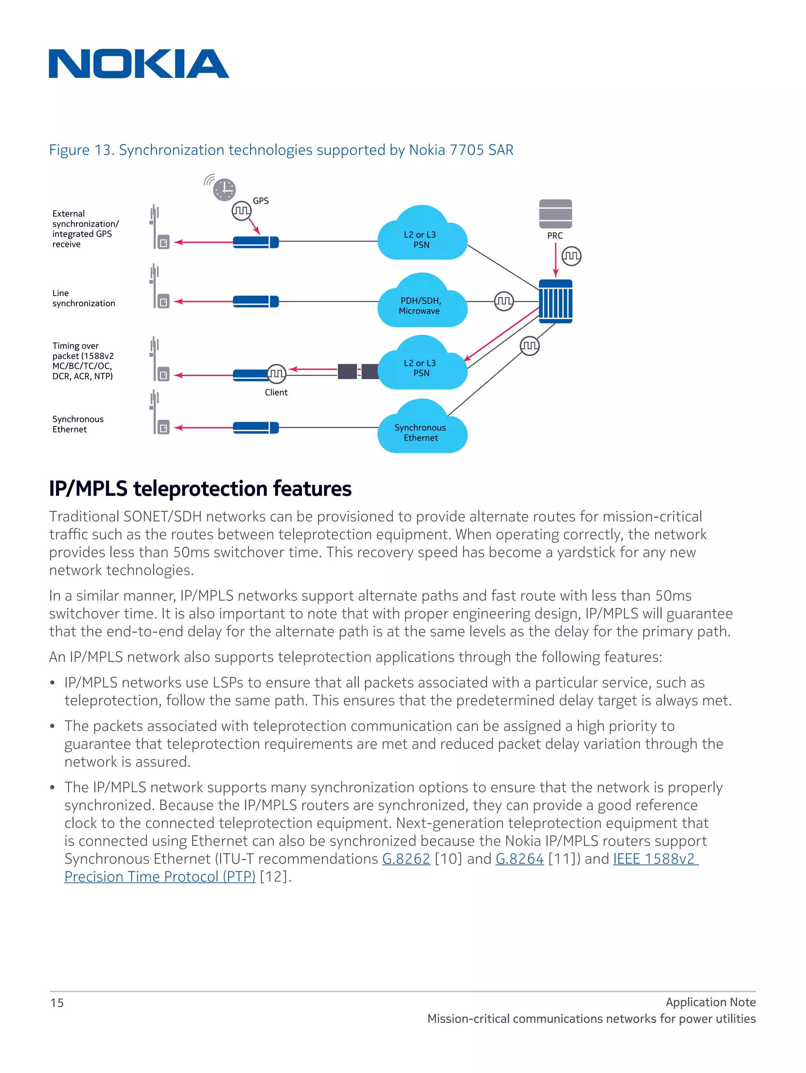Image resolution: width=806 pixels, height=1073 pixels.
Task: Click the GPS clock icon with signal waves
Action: point(223,189)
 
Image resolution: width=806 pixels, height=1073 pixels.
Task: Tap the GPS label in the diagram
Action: point(261,201)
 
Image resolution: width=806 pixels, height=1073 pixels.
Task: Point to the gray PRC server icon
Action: point(555,214)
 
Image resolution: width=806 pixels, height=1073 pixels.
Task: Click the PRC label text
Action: point(555,236)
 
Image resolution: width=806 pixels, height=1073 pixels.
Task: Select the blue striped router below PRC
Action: point(555,301)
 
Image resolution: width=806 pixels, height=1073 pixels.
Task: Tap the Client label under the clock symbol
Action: point(276,393)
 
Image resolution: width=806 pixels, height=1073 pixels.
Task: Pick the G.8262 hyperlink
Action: point(406,858)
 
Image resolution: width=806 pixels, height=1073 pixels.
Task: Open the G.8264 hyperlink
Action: point(519,858)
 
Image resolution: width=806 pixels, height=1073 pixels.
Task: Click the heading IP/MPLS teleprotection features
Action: point(200,489)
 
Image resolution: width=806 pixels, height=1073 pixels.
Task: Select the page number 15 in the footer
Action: point(57,1003)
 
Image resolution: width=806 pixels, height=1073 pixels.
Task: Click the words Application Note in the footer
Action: point(710,1002)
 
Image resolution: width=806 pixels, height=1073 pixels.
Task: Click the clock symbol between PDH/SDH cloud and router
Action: point(503,301)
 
